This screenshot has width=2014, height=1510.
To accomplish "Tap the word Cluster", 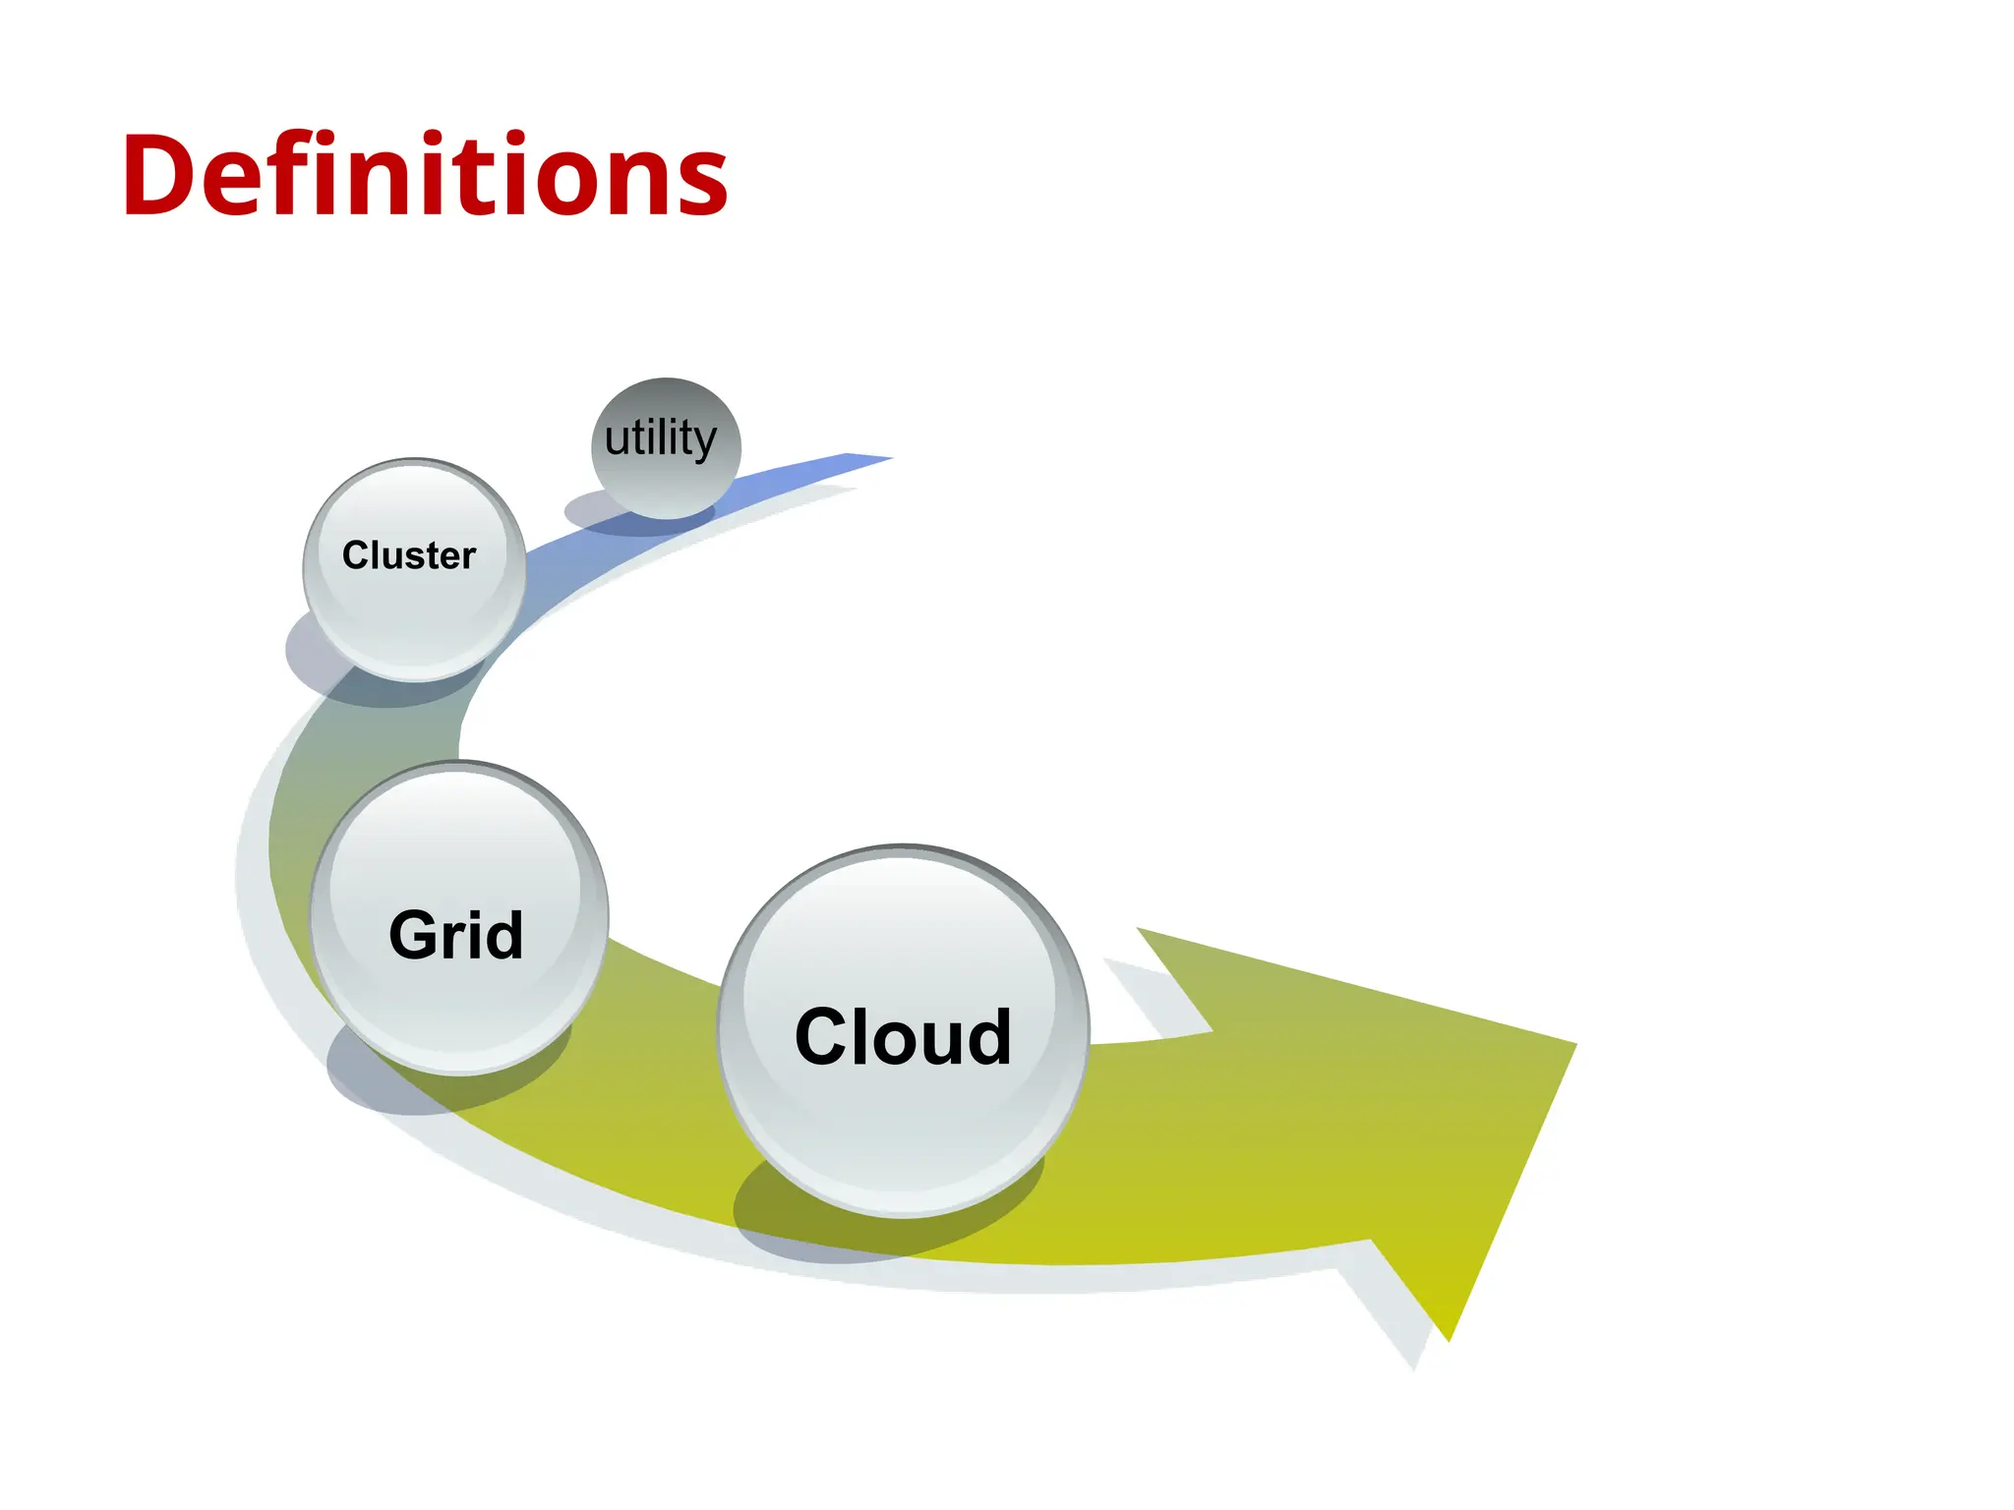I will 408,555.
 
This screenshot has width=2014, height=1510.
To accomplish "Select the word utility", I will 661,438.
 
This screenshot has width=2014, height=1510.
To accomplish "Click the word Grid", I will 455,935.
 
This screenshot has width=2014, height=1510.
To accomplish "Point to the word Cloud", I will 903,1037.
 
